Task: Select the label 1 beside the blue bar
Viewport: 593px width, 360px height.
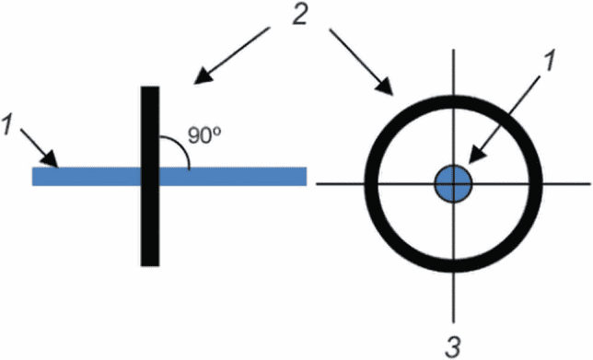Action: [x=6, y=125]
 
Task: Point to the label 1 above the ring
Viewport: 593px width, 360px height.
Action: [x=549, y=61]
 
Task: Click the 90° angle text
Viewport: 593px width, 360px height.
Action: [x=204, y=135]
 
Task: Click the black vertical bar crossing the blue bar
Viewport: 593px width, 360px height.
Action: [x=150, y=176]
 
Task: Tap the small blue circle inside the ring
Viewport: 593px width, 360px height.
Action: [x=453, y=184]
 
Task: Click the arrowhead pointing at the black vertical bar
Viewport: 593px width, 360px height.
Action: [x=203, y=75]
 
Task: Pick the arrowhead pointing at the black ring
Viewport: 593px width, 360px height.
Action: [x=385, y=87]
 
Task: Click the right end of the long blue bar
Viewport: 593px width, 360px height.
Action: [x=307, y=176]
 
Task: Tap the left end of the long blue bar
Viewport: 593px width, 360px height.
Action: [x=32, y=176]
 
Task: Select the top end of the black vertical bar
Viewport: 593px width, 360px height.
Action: [x=150, y=87]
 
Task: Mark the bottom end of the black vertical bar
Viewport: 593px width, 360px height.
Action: [x=150, y=266]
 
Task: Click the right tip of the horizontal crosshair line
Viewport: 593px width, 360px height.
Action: [x=590, y=184]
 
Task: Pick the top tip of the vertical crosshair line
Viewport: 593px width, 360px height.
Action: [x=453, y=49]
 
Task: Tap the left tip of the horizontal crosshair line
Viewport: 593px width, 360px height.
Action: [x=317, y=184]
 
